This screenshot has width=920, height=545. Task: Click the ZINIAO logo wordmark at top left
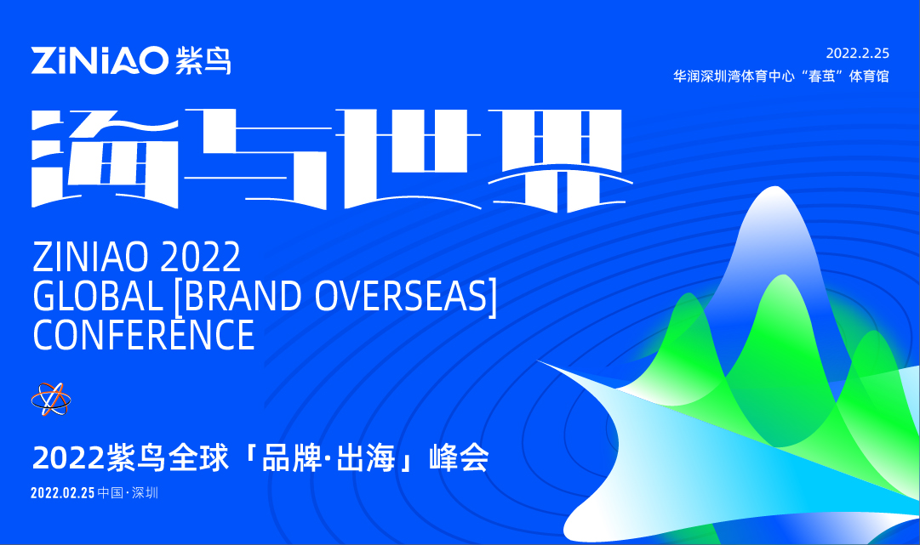click(100, 60)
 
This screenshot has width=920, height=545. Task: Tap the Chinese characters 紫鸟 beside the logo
click(203, 60)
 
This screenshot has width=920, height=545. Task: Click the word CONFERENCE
click(143, 334)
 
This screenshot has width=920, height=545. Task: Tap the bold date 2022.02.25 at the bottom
click(62, 493)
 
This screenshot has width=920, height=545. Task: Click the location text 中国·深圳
click(129, 493)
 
